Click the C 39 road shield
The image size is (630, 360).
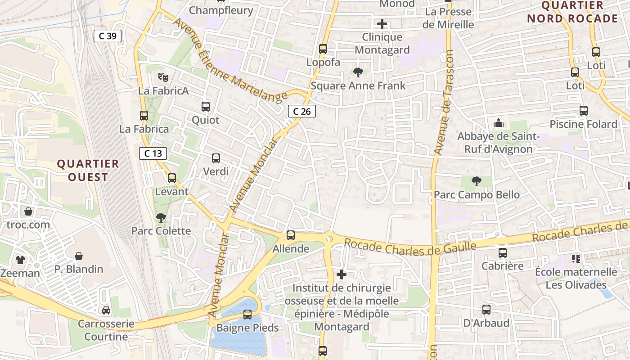[108, 36]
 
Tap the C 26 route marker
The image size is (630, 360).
[301, 111]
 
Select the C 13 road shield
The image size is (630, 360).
[153, 153]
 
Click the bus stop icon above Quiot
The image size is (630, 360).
[206, 107]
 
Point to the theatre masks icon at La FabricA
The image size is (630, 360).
[163, 77]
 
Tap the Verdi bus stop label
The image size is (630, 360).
[216, 171]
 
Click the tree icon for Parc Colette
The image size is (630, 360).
[161, 218]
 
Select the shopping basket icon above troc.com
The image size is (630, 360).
[28, 211]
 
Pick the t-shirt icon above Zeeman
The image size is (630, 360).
[20, 260]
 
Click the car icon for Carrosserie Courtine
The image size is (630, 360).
[106, 310]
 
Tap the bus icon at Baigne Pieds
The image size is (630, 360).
[247, 314]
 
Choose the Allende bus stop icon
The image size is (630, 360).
[291, 235]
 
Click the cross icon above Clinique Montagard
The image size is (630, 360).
[382, 24]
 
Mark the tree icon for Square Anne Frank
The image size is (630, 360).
[358, 72]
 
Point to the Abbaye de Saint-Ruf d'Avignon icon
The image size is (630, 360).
[498, 123]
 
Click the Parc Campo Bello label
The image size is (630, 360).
[477, 195]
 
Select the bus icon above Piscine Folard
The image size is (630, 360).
[584, 110]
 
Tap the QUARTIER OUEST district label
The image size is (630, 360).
[88, 170]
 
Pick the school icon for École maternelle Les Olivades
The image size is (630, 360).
[576, 258]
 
